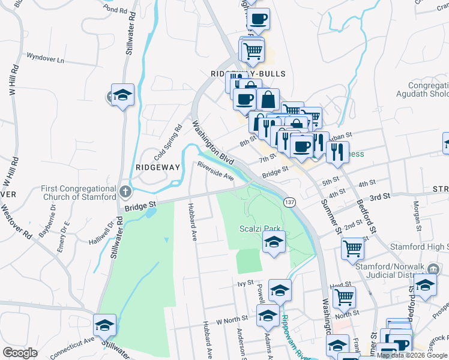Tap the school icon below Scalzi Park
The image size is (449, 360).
(274, 242)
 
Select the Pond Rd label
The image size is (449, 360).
(116, 10)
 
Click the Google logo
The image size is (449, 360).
(20, 352)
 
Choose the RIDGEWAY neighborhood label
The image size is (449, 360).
(158, 167)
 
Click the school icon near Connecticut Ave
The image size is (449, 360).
(105, 325)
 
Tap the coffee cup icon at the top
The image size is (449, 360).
(258, 19)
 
